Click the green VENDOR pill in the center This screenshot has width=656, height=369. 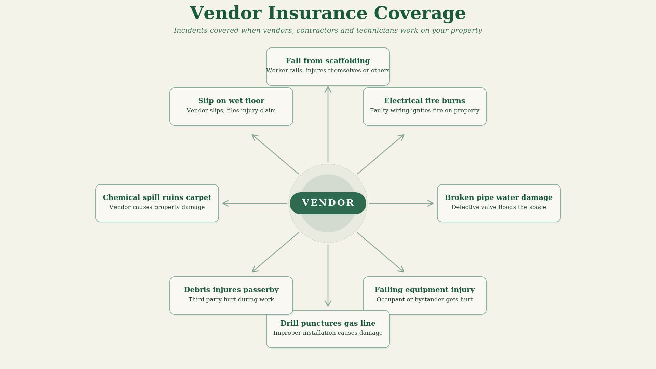[x=328, y=203]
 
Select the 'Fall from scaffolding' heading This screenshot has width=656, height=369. [x=328, y=61]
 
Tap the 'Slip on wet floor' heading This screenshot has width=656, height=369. [x=231, y=101]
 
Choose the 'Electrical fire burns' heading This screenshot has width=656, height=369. [x=424, y=101]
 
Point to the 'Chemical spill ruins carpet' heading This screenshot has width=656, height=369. [x=157, y=197]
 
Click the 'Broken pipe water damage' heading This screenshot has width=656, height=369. [x=498, y=197]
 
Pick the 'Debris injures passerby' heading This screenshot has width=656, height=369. [x=231, y=290]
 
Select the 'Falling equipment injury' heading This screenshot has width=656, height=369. [x=424, y=290]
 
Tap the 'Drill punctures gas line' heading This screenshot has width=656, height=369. [x=328, y=323]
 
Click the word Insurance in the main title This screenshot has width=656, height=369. [x=317, y=14]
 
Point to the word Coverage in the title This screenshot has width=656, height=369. [x=420, y=14]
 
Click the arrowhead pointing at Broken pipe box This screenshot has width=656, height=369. [x=431, y=203]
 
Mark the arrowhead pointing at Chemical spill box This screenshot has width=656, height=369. [x=225, y=203]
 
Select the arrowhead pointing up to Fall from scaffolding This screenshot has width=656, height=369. [x=328, y=89]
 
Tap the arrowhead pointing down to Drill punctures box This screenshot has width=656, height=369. [x=328, y=303]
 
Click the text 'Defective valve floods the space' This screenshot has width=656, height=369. [x=498, y=207]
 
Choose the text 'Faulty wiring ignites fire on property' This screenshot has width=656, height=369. [x=424, y=111]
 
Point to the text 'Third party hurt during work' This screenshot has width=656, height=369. [x=231, y=300]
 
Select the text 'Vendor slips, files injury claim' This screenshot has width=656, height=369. [x=231, y=111]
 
